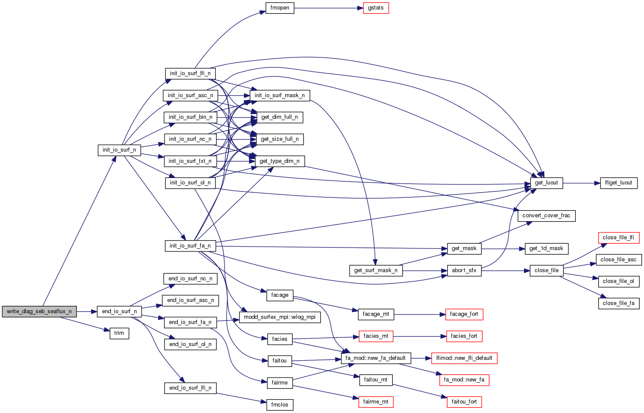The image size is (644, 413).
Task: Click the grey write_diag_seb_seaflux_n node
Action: click(x=39, y=311)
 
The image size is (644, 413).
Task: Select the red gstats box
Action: click(x=376, y=8)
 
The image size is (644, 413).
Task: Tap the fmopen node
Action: click(x=280, y=8)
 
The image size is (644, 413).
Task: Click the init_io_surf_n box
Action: click(x=119, y=150)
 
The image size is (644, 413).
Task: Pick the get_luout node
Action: click(x=546, y=183)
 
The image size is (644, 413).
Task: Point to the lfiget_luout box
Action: click(x=619, y=183)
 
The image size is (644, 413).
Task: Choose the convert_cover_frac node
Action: click(x=546, y=216)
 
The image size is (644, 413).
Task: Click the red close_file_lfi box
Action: click(x=618, y=238)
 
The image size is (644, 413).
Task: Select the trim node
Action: click(x=119, y=333)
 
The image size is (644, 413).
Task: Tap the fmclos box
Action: click(x=280, y=405)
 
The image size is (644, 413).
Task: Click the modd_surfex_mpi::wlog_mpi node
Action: click(x=280, y=317)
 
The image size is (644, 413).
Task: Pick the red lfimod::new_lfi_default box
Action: click(x=464, y=358)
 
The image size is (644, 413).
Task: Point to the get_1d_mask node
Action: click(x=546, y=248)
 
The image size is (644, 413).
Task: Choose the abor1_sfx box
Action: click(x=464, y=270)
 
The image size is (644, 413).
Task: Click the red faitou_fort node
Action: click(x=464, y=402)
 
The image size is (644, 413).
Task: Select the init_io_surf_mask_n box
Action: click(x=280, y=95)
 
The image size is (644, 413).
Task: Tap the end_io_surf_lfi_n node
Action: click(x=190, y=388)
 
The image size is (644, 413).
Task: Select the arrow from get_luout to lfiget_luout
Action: click(x=581, y=183)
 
